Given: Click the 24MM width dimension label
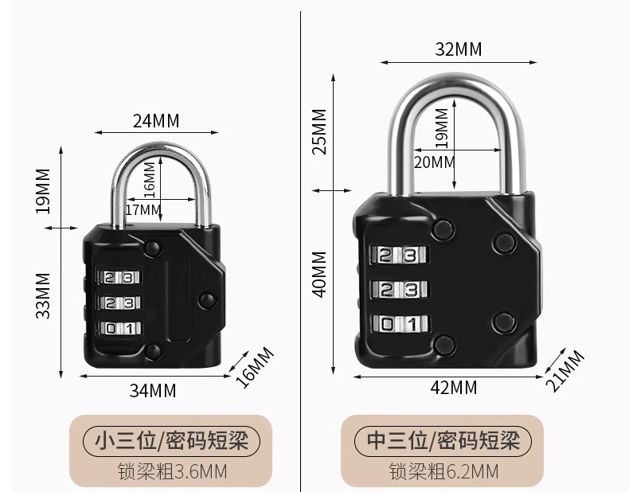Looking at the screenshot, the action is point(156,120).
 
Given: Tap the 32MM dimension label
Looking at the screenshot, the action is point(458,49).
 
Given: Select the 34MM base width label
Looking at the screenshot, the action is point(152,390).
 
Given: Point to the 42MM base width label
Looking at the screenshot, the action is point(453,388).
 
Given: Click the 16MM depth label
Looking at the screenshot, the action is point(257,365).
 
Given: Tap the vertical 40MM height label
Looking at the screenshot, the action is point(319,274).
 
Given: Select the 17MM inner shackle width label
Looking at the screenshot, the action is point(143,210).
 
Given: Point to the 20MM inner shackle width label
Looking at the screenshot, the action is point(435,162).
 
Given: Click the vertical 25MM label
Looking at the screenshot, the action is point(319,131).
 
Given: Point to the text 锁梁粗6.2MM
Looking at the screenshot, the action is point(443,471).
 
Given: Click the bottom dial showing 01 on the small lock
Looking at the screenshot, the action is point(119,327).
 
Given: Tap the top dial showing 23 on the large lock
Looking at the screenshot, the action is point(398,256).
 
